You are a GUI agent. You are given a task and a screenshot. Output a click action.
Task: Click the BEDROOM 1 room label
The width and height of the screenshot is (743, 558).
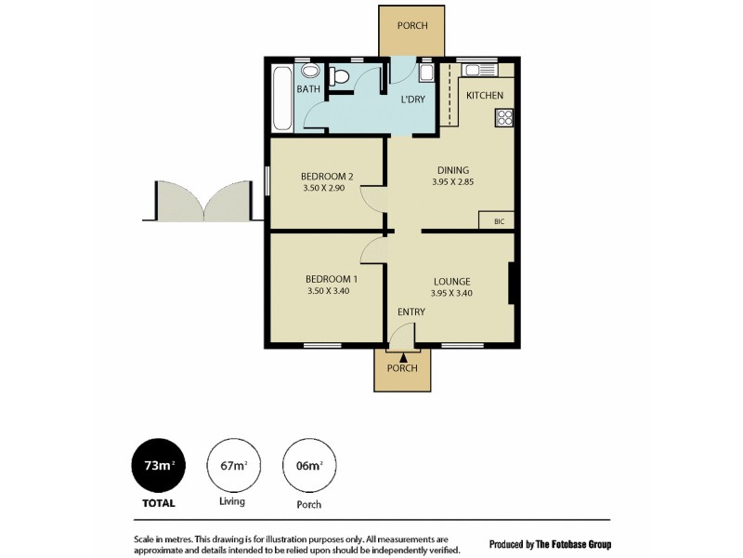pyautogui.click(x=332, y=279)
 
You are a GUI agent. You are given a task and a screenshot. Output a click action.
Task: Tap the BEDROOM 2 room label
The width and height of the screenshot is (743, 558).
pyautogui.click(x=327, y=177)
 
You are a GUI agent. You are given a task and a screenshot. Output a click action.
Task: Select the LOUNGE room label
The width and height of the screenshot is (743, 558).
pyautogui.click(x=450, y=282)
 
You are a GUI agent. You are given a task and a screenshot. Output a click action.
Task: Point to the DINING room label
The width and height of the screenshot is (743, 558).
pyautogui.click(x=452, y=170)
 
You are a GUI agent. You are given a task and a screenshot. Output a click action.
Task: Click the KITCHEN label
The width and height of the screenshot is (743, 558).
pyautogui.click(x=485, y=96)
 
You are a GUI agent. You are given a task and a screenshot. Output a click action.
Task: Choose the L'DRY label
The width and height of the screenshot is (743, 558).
pyautogui.click(x=413, y=100)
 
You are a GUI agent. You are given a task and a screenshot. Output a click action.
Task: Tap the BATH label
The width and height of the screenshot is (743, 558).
pyautogui.click(x=308, y=89)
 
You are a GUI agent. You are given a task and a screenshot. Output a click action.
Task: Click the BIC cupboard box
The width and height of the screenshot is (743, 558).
pyautogui.click(x=499, y=221)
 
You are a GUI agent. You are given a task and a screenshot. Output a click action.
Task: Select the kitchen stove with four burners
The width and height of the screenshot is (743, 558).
pyautogui.click(x=504, y=117)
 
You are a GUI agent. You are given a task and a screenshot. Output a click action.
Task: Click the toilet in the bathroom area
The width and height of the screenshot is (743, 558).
pyautogui.click(x=340, y=78)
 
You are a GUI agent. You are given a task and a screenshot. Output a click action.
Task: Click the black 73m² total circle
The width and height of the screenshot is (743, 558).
pyautogui.click(x=156, y=466)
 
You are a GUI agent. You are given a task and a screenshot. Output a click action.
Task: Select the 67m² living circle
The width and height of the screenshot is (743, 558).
pyautogui.click(x=232, y=466)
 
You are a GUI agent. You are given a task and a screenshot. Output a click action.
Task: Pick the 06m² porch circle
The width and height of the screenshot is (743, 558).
pyautogui.click(x=309, y=466)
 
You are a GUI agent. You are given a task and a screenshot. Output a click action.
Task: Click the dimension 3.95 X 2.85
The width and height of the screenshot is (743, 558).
pyautogui.click(x=452, y=183)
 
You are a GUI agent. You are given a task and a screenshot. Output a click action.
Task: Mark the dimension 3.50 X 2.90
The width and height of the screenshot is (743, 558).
pyautogui.click(x=327, y=189)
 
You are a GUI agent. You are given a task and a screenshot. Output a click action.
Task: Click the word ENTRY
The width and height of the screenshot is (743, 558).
pyautogui.click(x=411, y=312)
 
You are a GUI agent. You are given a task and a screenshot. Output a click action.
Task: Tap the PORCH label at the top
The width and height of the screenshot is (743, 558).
pyautogui.click(x=412, y=26)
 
